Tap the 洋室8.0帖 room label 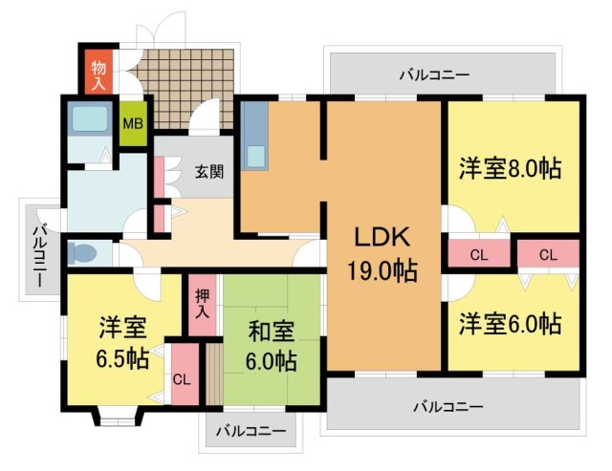tap(509, 169)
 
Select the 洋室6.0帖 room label tap(508, 323)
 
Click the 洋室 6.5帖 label tap(121, 344)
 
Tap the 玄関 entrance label tap(210, 172)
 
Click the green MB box tap(132, 123)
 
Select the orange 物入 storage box tap(98, 72)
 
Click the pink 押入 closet tap(202, 305)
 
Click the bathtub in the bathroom tap(91, 118)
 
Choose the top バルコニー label tap(435, 73)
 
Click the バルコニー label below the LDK tap(448, 406)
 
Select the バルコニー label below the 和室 tap(251, 431)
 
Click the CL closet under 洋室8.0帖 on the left tap(479, 255)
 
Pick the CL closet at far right tap(547, 255)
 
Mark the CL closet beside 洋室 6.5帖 tap(182, 377)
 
